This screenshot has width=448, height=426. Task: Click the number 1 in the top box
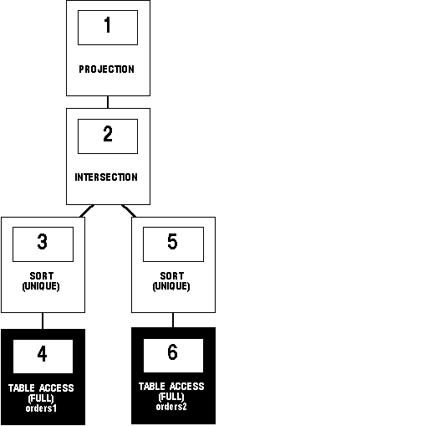click(x=108, y=24)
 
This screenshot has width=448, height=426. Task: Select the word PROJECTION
click(x=107, y=69)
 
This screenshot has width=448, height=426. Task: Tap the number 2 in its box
click(x=108, y=134)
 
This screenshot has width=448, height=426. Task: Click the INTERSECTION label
click(x=106, y=177)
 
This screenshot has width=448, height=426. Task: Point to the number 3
click(x=43, y=242)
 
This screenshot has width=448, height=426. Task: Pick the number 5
click(x=172, y=242)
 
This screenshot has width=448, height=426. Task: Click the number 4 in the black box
click(x=43, y=354)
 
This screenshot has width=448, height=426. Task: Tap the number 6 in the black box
click(x=172, y=352)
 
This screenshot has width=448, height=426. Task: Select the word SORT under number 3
click(x=42, y=276)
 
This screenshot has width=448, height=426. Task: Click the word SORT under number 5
click(x=172, y=276)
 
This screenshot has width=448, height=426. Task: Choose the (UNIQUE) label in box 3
click(x=41, y=286)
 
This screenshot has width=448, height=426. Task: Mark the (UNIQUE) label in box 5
click(x=171, y=286)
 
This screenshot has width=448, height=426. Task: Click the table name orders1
click(x=41, y=408)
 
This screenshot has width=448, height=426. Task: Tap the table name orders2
click(x=171, y=407)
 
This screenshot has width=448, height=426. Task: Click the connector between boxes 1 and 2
click(x=108, y=102)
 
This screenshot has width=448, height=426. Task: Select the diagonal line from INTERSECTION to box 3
click(x=87, y=211)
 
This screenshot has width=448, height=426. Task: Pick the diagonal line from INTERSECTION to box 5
click(x=129, y=211)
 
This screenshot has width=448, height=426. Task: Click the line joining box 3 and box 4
click(x=43, y=321)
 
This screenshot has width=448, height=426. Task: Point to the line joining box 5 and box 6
click(x=173, y=321)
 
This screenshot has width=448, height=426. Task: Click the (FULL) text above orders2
click(x=171, y=397)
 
